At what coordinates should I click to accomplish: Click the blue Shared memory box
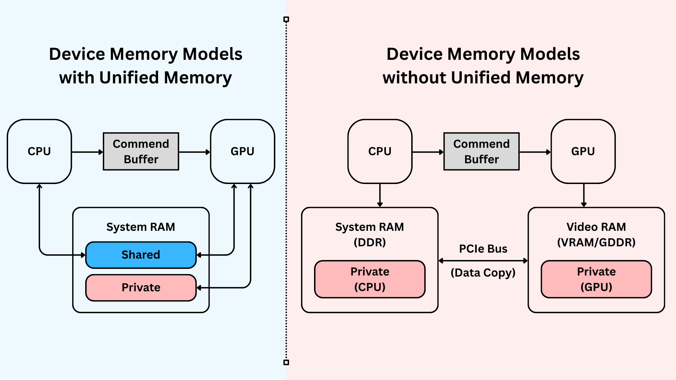(x=141, y=255)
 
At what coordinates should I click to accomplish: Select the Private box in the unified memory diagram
(x=141, y=287)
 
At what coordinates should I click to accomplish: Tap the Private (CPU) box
(x=370, y=279)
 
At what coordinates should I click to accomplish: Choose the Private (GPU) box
(x=596, y=279)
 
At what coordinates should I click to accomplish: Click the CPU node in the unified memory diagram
(x=39, y=151)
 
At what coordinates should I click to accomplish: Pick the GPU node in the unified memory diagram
(x=242, y=151)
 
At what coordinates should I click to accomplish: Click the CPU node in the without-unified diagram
(x=380, y=151)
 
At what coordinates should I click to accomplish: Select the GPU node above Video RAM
(x=583, y=151)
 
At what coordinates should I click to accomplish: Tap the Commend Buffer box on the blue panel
(x=141, y=151)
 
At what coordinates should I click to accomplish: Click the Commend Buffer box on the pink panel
(x=481, y=151)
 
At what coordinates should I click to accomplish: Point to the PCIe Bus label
(x=483, y=249)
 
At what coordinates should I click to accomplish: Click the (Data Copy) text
(x=483, y=273)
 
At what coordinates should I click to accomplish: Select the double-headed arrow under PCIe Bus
(x=483, y=261)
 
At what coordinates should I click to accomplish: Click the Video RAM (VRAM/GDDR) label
(x=596, y=234)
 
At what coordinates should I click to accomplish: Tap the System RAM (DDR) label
(x=370, y=234)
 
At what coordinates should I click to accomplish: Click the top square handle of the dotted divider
(x=286, y=19)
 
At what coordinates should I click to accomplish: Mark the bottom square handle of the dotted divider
(x=286, y=362)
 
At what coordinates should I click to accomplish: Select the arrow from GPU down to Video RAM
(x=584, y=195)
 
